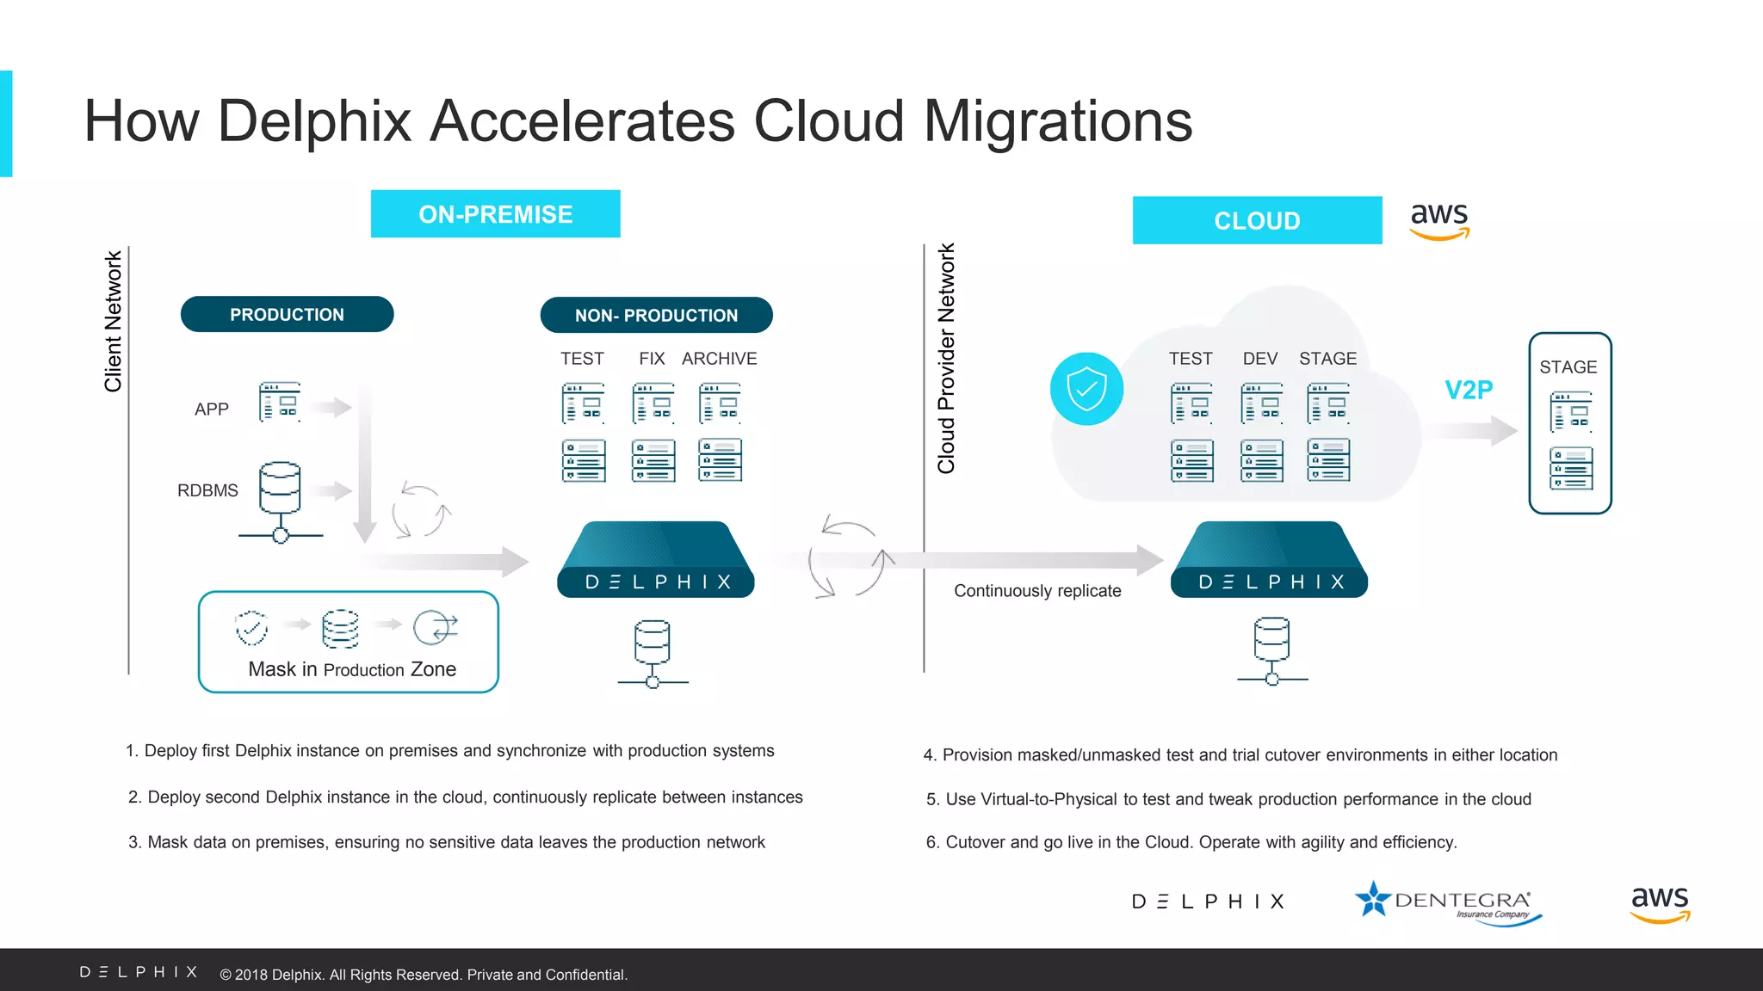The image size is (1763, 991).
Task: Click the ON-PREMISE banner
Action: pyautogui.click(x=495, y=214)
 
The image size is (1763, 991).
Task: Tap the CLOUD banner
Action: pyautogui.click(x=1257, y=221)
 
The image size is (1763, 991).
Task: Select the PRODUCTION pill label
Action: pyautogui.click(x=287, y=315)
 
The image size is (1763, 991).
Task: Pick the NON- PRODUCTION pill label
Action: pyautogui.click(x=656, y=316)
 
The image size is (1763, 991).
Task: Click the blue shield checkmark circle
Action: pyautogui.click(x=1086, y=389)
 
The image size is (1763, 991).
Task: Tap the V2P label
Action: pyautogui.click(x=1469, y=390)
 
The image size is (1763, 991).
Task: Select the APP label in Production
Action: pyautogui.click(x=212, y=409)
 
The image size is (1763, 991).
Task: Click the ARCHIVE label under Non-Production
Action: pyautogui.click(x=720, y=359)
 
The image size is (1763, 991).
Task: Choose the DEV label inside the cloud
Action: pyautogui.click(x=1260, y=359)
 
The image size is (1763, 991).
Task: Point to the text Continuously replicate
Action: pyautogui.click(x=1037, y=591)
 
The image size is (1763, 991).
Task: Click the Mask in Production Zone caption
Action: pyautogui.click(x=352, y=669)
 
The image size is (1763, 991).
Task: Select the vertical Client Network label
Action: pyautogui.click(x=113, y=322)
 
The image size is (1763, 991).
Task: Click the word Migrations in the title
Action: pyautogui.click(x=1058, y=120)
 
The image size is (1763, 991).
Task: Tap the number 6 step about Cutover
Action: pyautogui.click(x=1191, y=842)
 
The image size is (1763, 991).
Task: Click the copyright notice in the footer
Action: pyautogui.click(x=424, y=975)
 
